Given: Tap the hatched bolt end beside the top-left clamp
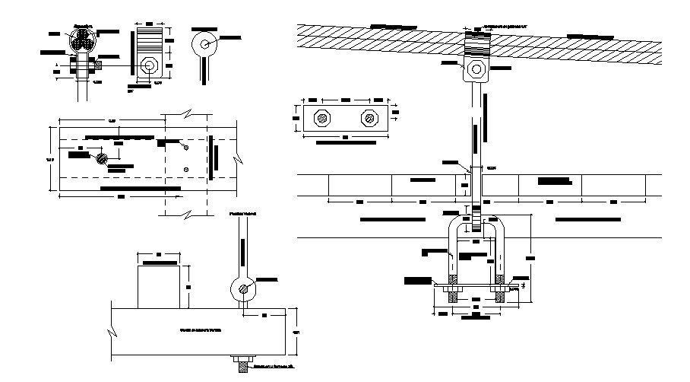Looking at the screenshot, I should point(98,65).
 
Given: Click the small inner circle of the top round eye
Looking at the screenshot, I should point(205,43).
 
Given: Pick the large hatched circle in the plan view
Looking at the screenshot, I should point(102,158).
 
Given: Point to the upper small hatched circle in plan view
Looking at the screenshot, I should point(185,144).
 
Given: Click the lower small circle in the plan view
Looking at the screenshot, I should point(186,169).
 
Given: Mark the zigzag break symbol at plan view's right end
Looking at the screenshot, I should point(240,157).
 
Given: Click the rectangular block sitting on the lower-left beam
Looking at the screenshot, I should point(159,286).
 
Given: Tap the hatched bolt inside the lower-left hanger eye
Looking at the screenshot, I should point(243,288).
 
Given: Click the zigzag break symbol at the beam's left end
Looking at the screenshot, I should point(112,333).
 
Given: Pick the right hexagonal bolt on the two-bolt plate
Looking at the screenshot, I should point(369,118).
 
